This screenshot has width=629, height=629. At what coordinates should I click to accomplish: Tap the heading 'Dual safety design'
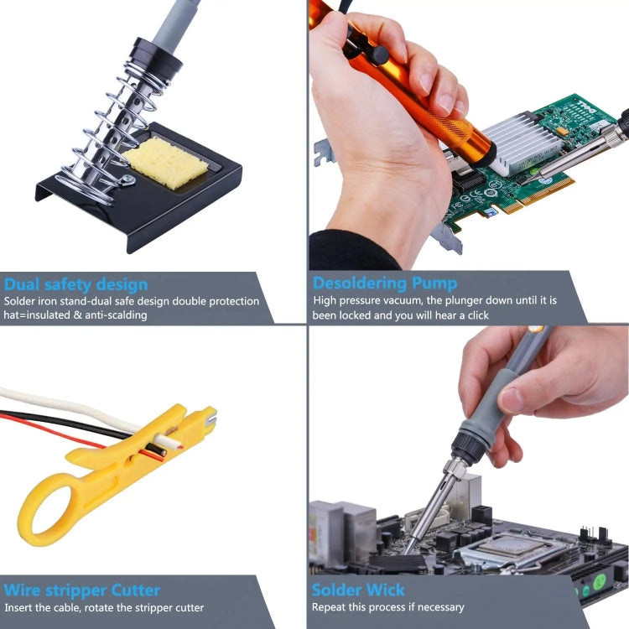pyautogui.click(x=75, y=283)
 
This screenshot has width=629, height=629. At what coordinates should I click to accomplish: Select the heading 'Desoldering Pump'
pyautogui.click(x=385, y=283)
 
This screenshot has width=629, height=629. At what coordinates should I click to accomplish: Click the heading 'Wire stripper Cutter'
pyautogui.click(x=81, y=590)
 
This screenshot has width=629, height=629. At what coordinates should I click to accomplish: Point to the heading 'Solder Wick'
pyautogui.click(x=358, y=590)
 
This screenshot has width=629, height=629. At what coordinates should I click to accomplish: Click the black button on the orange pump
pyautogui.click(x=380, y=55)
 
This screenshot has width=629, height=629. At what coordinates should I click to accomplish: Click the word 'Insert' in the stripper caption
pyautogui.click(x=18, y=607)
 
